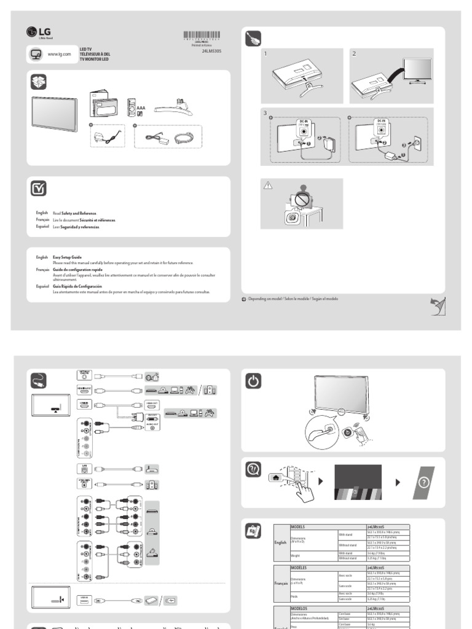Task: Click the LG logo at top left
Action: coord(36,33)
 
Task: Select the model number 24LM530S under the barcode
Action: coord(211,52)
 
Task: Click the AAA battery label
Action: coord(141,105)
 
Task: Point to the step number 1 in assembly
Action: coord(265,54)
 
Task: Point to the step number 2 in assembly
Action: coord(354,54)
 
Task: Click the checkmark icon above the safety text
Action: coord(37,190)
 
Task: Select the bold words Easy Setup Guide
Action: coord(67,257)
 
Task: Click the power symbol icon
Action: coord(254,381)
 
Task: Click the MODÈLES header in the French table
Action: coord(300,568)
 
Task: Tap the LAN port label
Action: coord(85,468)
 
